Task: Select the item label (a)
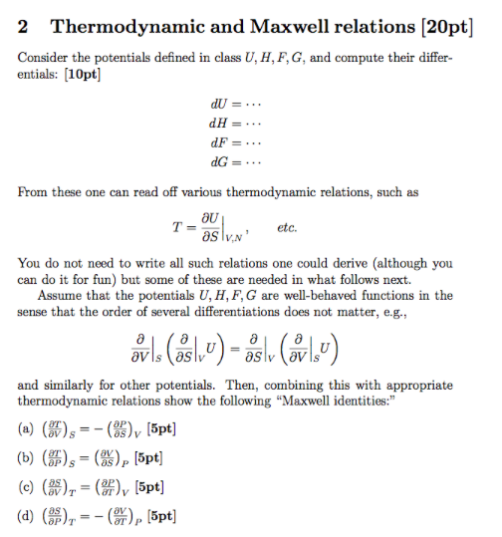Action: pos(27,431)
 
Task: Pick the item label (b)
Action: pos(27,459)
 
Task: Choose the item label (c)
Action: pos(27,487)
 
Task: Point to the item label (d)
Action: pos(27,516)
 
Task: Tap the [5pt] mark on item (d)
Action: pos(163,516)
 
